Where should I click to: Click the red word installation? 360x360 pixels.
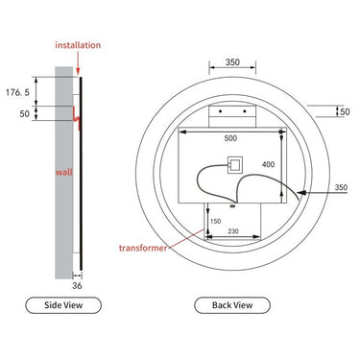click(x=76, y=44)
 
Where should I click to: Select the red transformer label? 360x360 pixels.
click(x=143, y=247)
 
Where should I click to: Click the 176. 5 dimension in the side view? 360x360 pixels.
click(x=18, y=93)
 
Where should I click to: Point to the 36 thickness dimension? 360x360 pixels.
click(x=78, y=285)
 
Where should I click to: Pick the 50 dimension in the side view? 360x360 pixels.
click(x=23, y=113)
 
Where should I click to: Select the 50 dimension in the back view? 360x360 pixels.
click(x=344, y=112)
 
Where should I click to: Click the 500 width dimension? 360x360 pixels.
click(x=230, y=138)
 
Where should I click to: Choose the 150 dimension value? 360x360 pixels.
click(x=215, y=221)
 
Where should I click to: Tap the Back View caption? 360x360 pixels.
click(x=230, y=306)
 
